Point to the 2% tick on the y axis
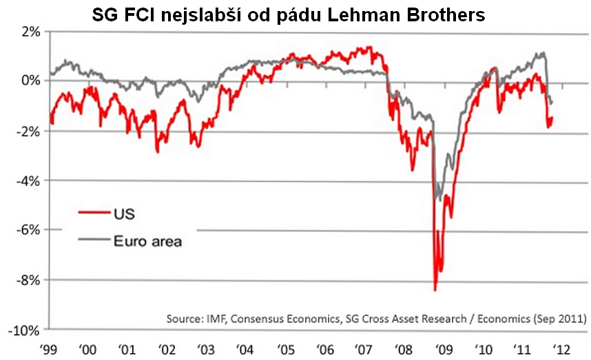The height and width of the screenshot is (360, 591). coord(30,32)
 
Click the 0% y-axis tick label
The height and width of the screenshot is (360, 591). coord(30,81)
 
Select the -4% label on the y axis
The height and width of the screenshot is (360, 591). coord(28,181)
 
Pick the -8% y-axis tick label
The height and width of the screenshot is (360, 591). coord(28,280)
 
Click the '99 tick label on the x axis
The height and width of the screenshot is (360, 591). coord(50,348)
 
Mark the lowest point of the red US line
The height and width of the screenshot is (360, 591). coord(435,290)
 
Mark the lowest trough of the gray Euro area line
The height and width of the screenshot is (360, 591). coord(439,200)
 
